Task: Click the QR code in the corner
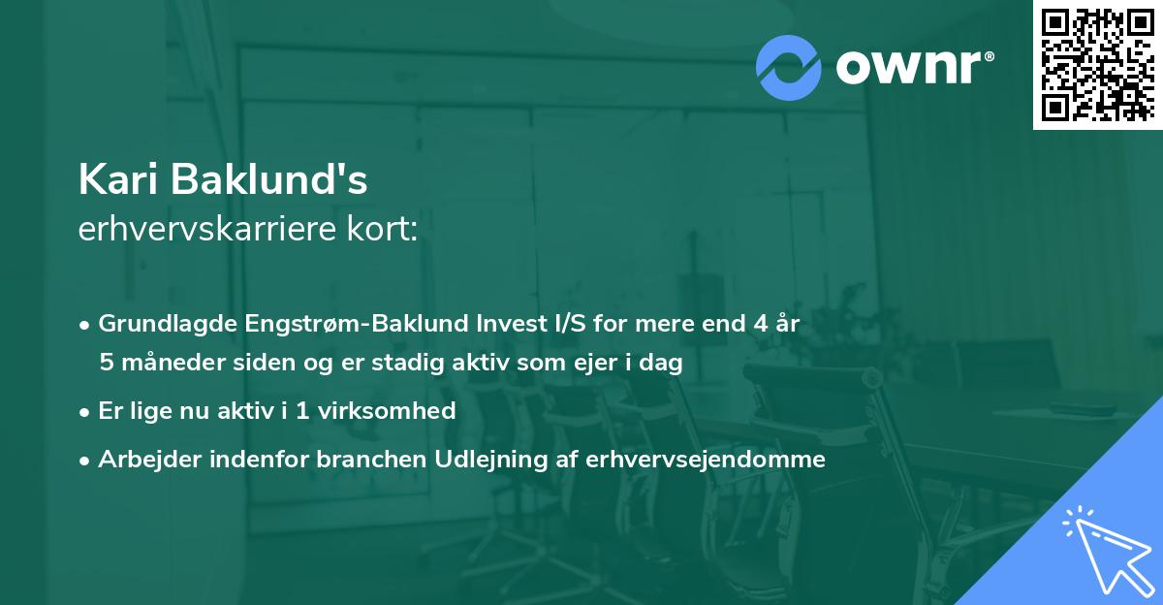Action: [1097, 65]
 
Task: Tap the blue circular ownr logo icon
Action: [789, 68]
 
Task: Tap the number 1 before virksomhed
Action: [301, 410]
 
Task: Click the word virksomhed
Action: [385, 410]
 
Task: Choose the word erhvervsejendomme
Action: [706, 459]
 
